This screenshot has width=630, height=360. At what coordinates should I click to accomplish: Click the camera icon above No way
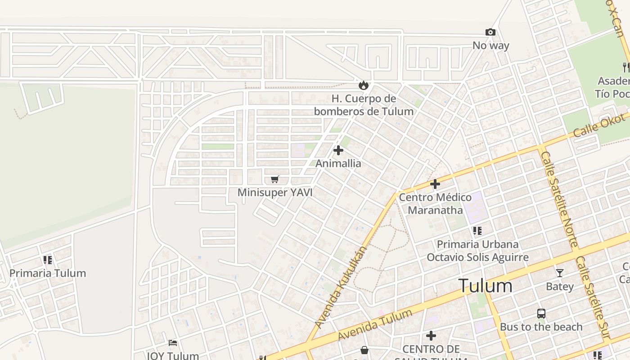click(x=490, y=32)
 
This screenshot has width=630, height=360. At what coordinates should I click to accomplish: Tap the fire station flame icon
click(x=363, y=85)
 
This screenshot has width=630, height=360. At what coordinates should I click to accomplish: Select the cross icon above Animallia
click(x=338, y=150)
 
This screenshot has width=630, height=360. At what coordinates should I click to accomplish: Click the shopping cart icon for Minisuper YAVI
click(x=275, y=180)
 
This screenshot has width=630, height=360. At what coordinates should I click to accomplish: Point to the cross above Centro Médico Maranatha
click(x=435, y=184)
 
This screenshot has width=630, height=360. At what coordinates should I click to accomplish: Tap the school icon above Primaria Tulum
click(x=48, y=260)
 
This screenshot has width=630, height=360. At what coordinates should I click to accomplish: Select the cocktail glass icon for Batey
click(x=559, y=273)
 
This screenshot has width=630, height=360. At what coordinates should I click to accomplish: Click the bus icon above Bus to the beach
click(x=541, y=314)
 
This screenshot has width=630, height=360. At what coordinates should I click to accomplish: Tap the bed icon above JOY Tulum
click(x=173, y=343)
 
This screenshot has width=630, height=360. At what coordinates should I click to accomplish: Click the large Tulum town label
click(x=485, y=286)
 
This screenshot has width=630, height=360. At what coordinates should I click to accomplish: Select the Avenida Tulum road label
click(x=375, y=325)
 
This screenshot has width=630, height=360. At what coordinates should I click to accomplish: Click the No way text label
click(x=490, y=45)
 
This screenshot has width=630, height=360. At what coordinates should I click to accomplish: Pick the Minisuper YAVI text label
click(x=275, y=193)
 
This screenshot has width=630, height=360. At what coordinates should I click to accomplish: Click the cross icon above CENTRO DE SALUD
click(x=431, y=336)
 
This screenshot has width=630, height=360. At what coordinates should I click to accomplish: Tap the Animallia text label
click(x=338, y=163)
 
